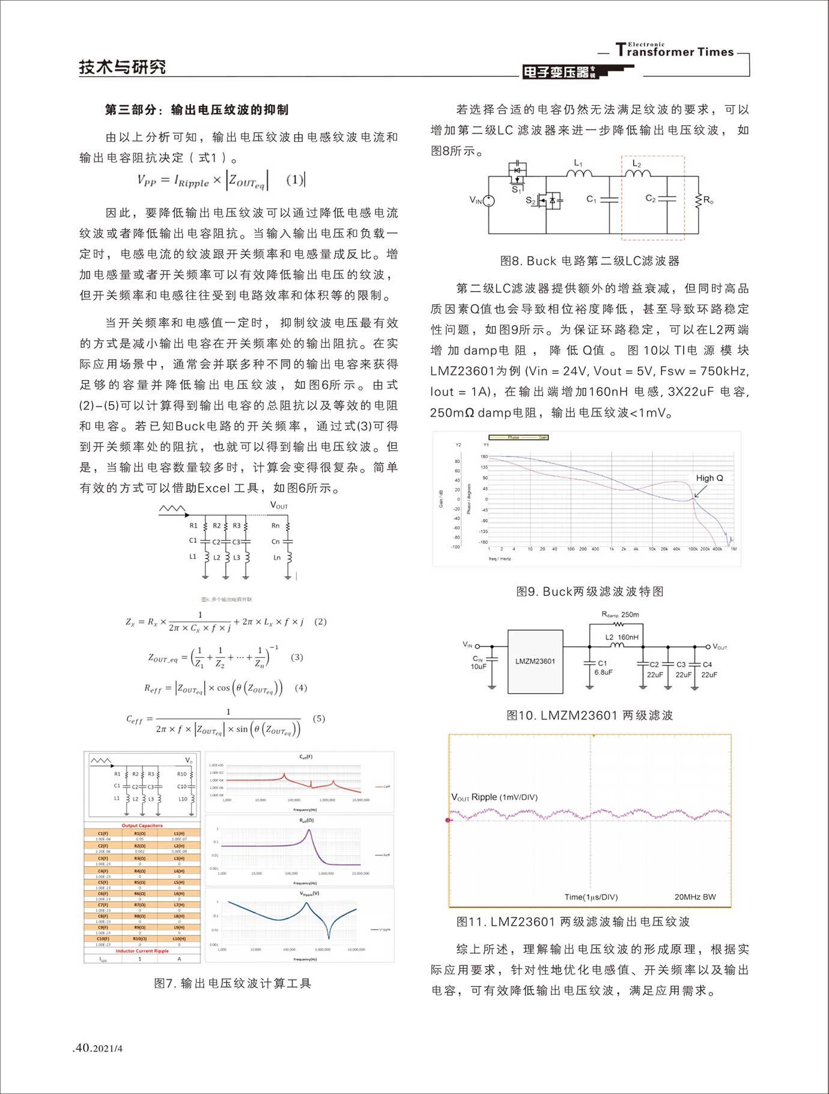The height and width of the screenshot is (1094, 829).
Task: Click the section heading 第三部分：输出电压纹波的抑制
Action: click(196, 110)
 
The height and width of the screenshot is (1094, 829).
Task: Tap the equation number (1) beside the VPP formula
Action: click(294, 180)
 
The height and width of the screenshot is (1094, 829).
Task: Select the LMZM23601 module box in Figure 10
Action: click(535, 661)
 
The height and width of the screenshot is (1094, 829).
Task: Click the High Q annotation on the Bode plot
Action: click(709, 478)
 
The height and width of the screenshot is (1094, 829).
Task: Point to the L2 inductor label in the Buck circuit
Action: click(637, 164)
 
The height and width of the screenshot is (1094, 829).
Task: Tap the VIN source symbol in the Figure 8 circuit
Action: click(489, 201)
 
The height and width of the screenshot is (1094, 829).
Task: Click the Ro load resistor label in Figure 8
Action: click(708, 200)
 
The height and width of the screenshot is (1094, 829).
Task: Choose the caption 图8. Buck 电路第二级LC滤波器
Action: click(590, 261)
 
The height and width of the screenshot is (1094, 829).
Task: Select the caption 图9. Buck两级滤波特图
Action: click(590, 591)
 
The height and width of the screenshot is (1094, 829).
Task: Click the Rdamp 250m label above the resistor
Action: click(620, 614)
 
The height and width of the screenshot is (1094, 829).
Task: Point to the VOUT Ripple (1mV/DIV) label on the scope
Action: click(494, 797)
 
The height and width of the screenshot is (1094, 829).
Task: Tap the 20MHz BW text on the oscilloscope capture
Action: click(695, 897)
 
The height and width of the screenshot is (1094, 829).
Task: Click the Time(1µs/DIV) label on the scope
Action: click(591, 897)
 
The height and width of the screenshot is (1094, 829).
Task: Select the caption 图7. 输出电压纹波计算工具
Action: click(232, 983)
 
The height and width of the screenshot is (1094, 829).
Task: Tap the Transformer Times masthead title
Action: click(674, 51)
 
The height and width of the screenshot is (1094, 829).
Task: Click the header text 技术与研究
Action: click(123, 67)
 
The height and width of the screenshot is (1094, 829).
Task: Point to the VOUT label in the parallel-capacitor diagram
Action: click(279, 506)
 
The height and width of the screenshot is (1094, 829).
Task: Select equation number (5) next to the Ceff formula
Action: click(319, 718)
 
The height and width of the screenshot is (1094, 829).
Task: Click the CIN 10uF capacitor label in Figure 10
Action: click(478, 662)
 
